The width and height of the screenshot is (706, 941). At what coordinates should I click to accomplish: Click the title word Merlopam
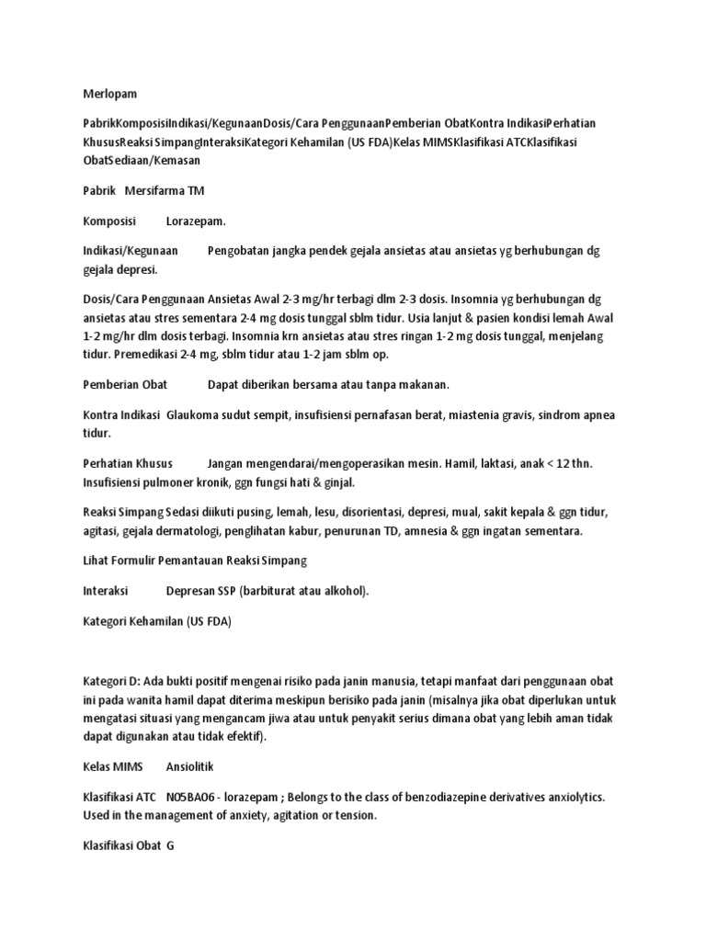pos(109,93)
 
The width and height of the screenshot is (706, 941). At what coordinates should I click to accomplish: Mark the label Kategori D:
pos(113,681)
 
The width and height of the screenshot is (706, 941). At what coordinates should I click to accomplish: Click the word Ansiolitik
pos(189,766)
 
